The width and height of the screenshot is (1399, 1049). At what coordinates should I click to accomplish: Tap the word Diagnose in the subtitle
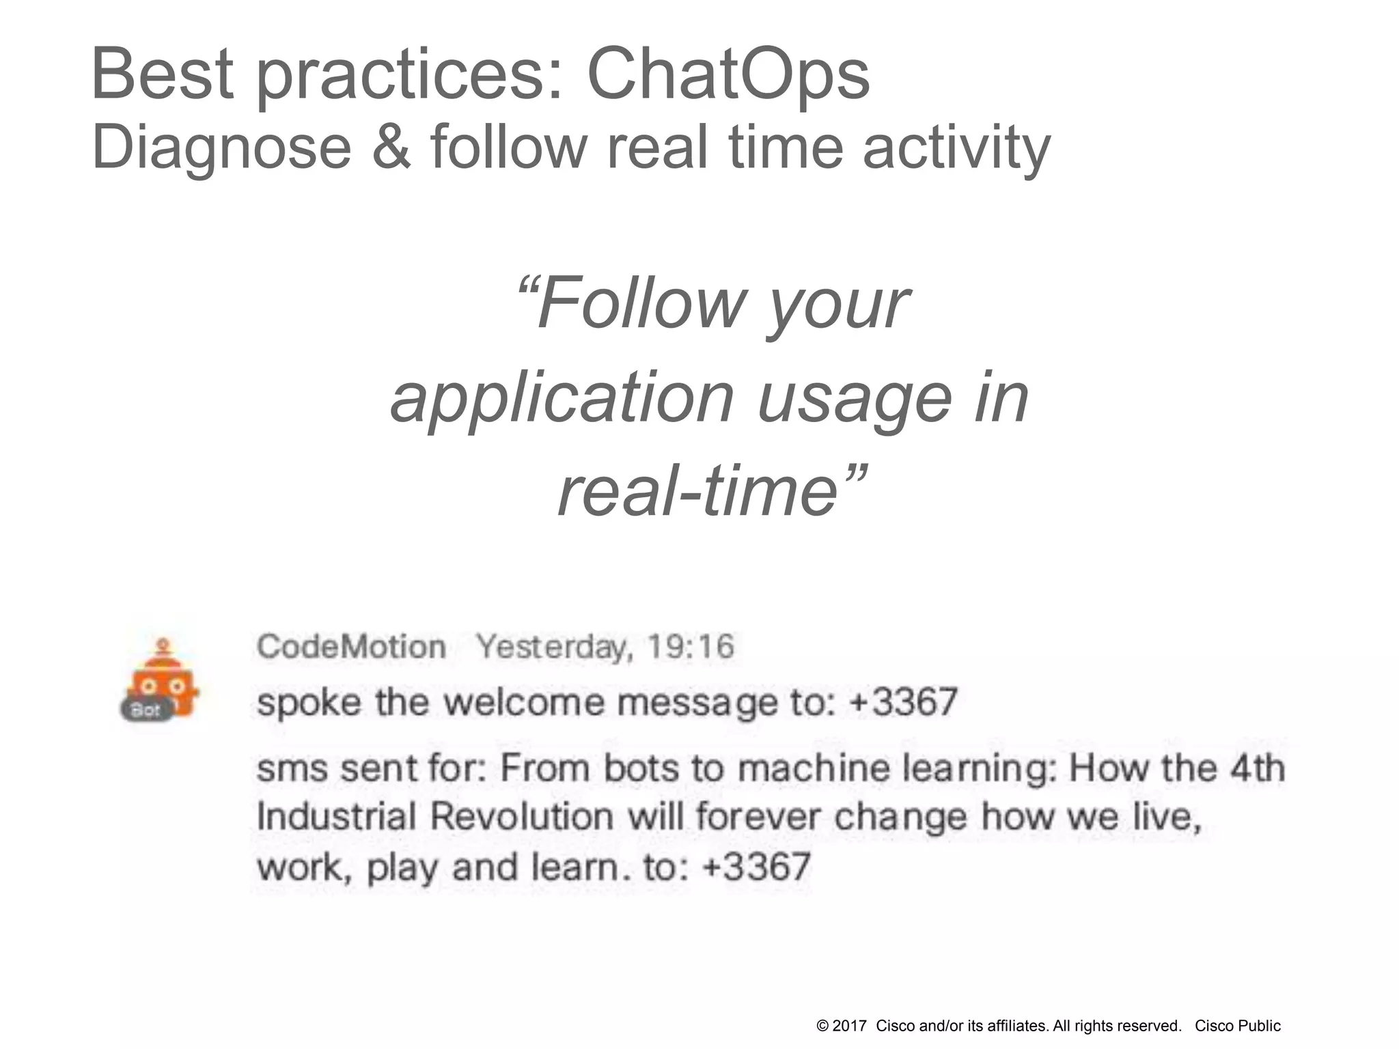[x=221, y=148]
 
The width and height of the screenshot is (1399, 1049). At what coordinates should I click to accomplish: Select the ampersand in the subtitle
[x=392, y=148]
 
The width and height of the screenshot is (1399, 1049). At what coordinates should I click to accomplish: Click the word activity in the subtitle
[x=956, y=148]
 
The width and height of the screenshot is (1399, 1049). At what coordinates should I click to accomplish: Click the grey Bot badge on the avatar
[x=145, y=710]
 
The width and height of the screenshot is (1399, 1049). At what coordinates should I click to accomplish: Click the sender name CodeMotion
[x=351, y=646]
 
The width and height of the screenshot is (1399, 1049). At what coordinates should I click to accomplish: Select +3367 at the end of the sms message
[x=756, y=866]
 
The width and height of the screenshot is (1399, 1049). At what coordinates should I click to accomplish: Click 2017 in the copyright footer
[x=850, y=1026]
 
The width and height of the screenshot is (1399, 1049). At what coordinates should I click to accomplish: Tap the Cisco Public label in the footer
[x=1237, y=1026]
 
